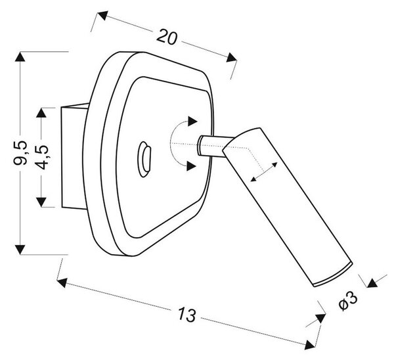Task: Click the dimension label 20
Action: click(x=167, y=37)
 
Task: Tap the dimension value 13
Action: click(x=186, y=315)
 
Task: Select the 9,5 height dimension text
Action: click(x=20, y=153)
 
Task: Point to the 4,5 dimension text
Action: click(x=41, y=157)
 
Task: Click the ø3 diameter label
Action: click(x=348, y=301)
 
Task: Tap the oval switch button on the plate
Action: click(x=144, y=160)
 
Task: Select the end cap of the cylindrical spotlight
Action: click(x=334, y=275)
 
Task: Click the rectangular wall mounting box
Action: click(x=75, y=156)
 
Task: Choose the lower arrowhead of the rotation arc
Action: click(x=191, y=166)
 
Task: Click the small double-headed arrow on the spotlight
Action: click(x=264, y=171)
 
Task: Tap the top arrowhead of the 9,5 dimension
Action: click(x=20, y=56)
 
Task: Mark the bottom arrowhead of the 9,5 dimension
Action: click(x=20, y=250)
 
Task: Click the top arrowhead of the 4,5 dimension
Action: click(x=41, y=112)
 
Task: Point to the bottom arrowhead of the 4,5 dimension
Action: click(x=41, y=202)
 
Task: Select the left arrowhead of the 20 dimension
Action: click(x=102, y=16)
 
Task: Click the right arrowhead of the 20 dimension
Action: click(x=232, y=57)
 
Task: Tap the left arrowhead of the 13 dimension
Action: click(x=62, y=282)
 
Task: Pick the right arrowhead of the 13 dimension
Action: click(x=310, y=345)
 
